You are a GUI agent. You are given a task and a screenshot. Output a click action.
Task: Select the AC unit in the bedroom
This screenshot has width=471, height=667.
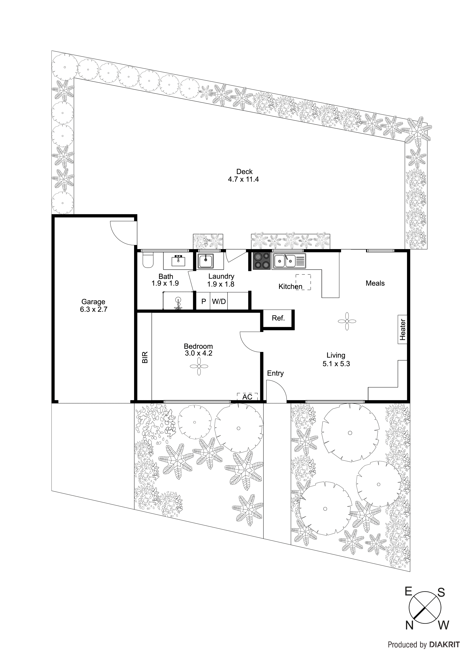[247, 397]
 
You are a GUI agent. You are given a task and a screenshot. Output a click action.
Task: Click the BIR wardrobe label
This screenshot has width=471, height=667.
[145, 357]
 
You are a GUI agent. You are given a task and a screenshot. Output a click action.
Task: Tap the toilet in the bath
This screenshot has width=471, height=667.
[148, 260]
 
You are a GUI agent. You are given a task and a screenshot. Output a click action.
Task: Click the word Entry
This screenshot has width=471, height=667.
[275, 373]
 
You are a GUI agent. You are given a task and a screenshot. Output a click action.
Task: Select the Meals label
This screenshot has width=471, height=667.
[375, 283]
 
